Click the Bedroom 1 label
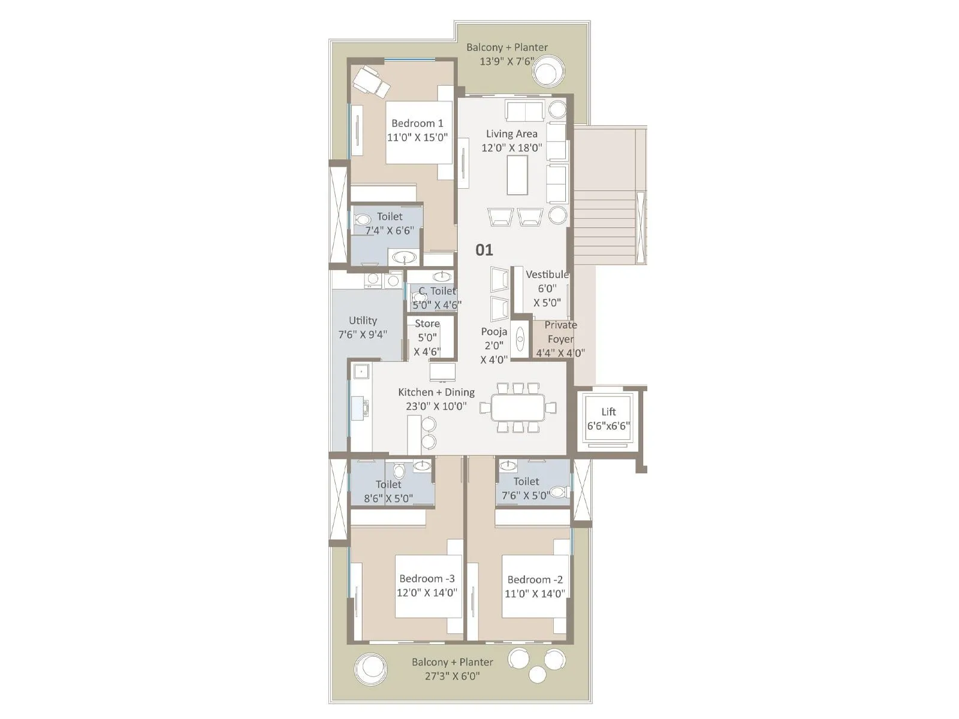pos(417,123)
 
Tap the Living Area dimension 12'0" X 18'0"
pos(511,147)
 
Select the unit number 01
pos(484,250)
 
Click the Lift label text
pos(608,412)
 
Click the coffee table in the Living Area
pos(517,175)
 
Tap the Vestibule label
pos(547,274)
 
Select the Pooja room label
pos(494,331)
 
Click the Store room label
pos(427,324)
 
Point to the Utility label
pos(363,321)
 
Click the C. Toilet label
pos(437,291)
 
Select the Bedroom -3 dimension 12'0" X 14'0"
pos(427,593)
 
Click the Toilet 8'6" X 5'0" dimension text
pos(388,499)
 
